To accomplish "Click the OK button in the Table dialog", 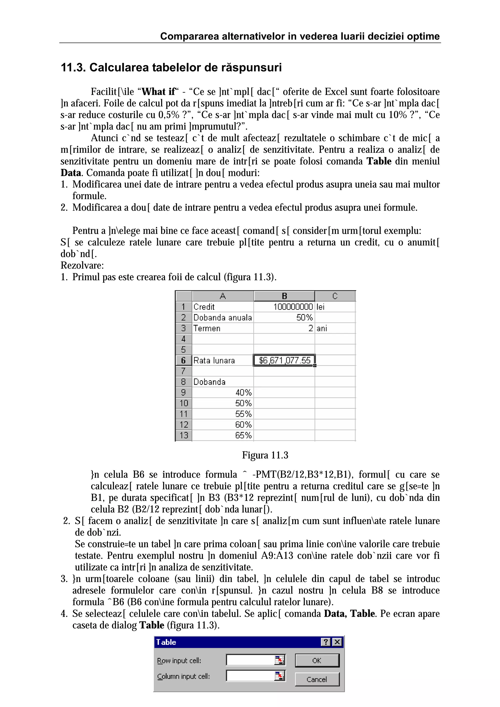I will pos(317,660).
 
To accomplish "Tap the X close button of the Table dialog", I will pos(337,642).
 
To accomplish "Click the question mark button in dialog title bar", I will pos(325,642).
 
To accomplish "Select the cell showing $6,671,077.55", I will pos(284,360).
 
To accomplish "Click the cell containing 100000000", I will pos(284,307).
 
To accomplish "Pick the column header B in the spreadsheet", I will pos(284,296).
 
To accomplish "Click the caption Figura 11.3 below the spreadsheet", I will pos(265,455).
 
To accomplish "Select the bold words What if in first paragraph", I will pos(158,92).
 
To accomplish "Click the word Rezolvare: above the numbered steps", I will pos(82,265).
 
